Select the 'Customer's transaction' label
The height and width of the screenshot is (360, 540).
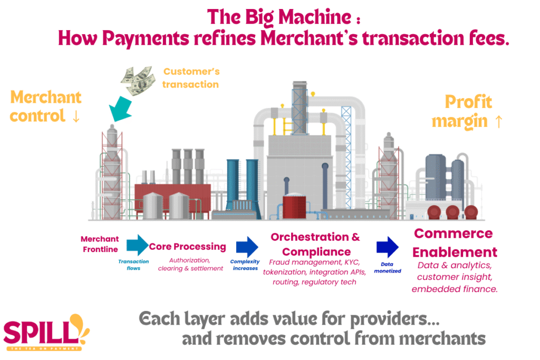pyautogui.click(x=191, y=77)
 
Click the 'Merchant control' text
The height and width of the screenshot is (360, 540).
pyautogui.click(x=46, y=106)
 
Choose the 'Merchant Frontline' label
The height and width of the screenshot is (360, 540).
pyautogui.click(x=100, y=244)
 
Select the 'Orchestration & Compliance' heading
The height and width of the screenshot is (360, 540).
pyautogui.click(x=315, y=244)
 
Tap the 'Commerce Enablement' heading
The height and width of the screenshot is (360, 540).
pyautogui.click(x=454, y=242)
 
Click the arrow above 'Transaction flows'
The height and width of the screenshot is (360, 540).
pyautogui.click(x=138, y=244)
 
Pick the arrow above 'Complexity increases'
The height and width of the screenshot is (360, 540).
pyautogui.click(x=247, y=246)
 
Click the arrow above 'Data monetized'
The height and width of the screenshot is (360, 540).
pyautogui.click(x=388, y=247)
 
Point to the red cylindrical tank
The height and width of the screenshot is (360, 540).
pyautogui.click(x=298, y=206)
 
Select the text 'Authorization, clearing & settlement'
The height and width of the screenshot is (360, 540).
pyautogui.click(x=190, y=264)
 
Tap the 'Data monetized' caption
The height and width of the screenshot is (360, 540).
pyautogui.click(x=388, y=267)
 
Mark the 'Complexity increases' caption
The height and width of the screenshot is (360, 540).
pyautogui.click(x=245, y=265)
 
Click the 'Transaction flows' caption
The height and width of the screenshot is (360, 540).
pyautogui.click(x=133, y=264)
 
